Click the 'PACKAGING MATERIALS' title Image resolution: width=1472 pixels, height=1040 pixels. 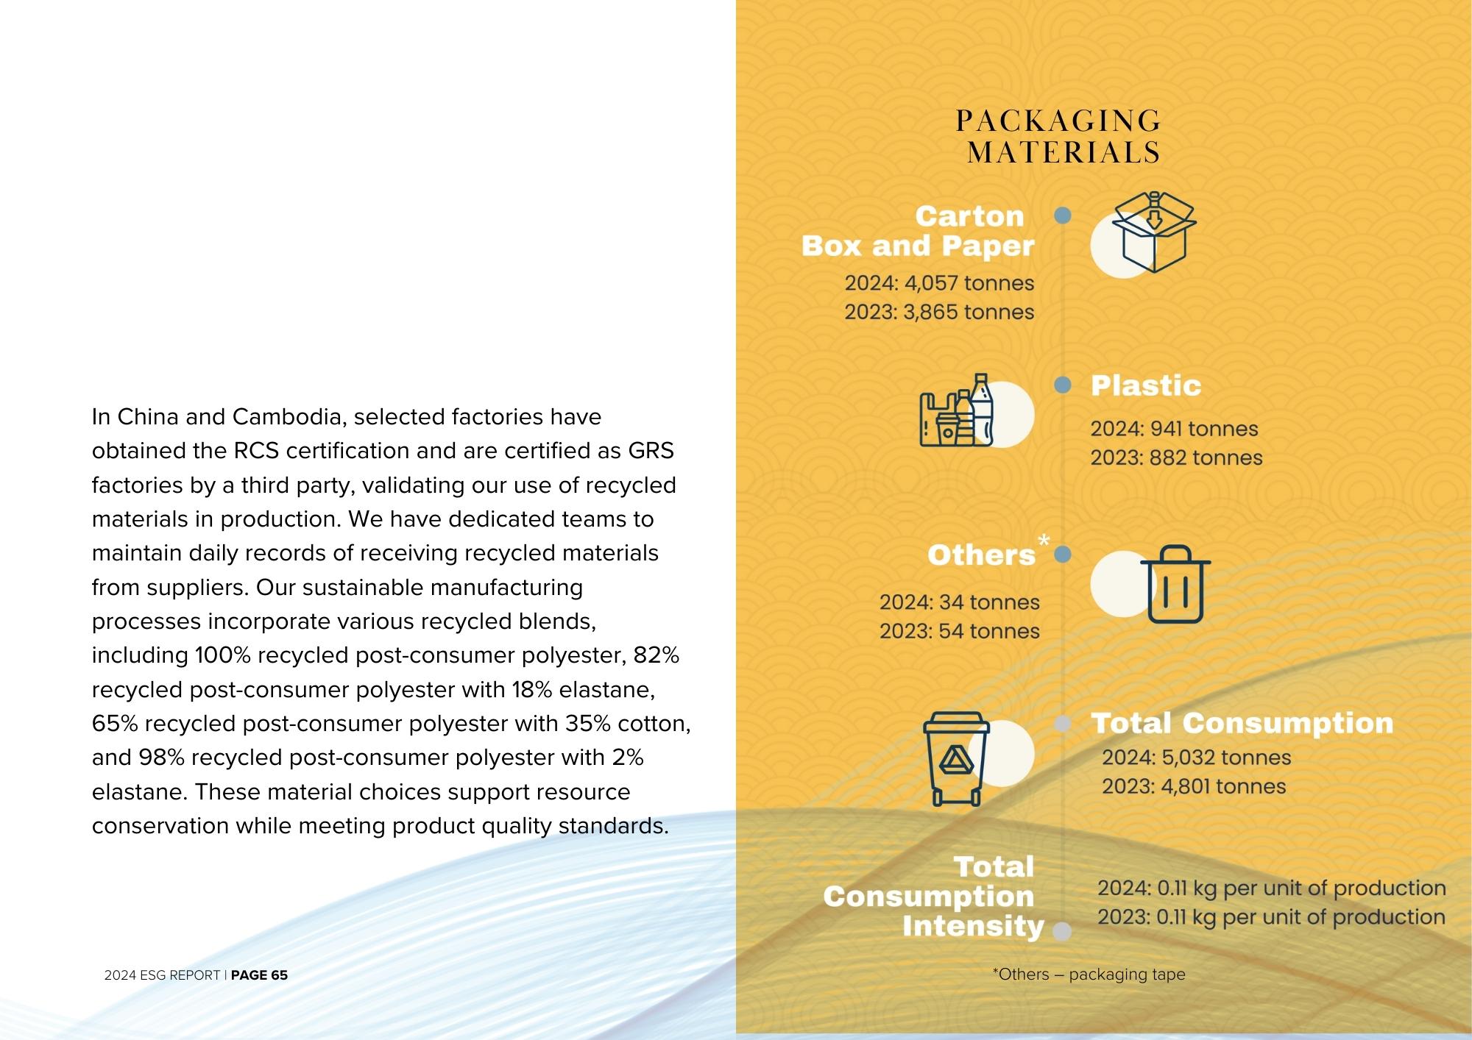click(x=1059, y=137)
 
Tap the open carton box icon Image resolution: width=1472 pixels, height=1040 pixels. click(x=1153, y=232)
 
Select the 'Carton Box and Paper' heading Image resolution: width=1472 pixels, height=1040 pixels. click(x=918, y=231)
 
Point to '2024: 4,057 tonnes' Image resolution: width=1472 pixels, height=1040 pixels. click(x=939, y=283)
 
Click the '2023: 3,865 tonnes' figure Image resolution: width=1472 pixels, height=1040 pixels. click(x=939, y=312)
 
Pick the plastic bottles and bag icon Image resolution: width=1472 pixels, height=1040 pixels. click(x=957, y=411)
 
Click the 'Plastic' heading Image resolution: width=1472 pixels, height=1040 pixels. click(x=1145, y=385)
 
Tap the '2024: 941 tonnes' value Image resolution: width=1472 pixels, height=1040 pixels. click(x=1174, y=429)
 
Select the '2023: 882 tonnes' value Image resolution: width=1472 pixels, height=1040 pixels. click(x=1176, y=457)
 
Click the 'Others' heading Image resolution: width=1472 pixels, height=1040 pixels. click(x=981, y=555)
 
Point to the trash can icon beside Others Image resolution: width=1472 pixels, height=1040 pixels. click(x=1175, y=584)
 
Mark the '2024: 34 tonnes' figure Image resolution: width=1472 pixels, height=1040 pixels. click(x=959, y=602)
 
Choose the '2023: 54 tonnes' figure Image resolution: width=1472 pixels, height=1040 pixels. click(x=959, y=631)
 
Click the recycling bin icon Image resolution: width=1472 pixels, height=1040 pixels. click(x=956, y=758)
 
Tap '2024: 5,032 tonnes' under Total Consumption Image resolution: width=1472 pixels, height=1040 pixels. click(x=1196, y=758)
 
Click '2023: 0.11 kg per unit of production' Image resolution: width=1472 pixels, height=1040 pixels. click(x=1271, y=917)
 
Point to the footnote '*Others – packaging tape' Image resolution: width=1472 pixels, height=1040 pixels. click(x=1089, y=975)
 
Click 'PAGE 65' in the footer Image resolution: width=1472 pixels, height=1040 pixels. click(x=259, y=975)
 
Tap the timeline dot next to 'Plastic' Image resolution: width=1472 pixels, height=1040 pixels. click(x=1062, y=385)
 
